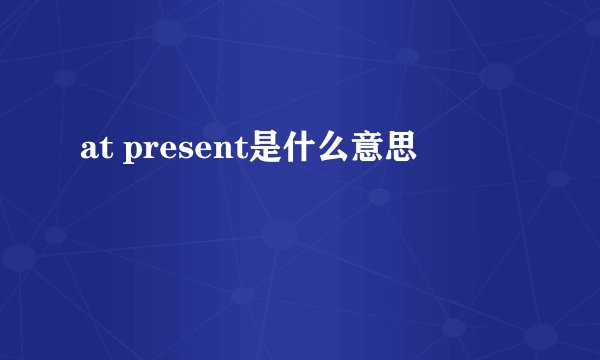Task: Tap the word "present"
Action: point(185,152)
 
